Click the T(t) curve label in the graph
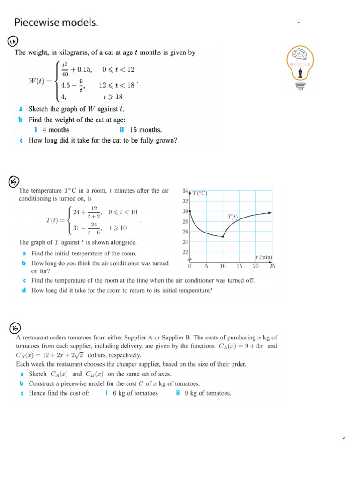(x=232, y=217)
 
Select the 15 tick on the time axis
(x=239, y=266)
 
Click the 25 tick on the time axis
(x=272, y=266)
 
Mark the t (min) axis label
(x=264, y=257)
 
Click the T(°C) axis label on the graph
(x=200, y=193)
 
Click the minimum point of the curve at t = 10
(x=223, y=237)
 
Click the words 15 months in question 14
(x=145, y=130)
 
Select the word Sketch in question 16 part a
(x=38, y=374)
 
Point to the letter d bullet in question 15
(x=24, y=290)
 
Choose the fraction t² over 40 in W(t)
(x=65, y=69)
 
